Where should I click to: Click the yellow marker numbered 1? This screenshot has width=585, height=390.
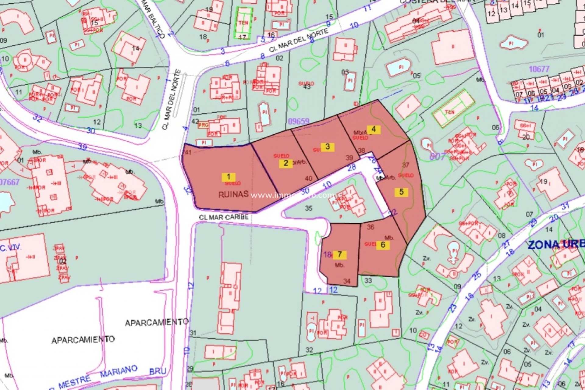[x=229, y=177]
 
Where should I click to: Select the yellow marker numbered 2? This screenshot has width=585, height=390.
[x=285, y=163]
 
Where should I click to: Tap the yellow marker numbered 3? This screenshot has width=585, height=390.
[x=328, y=147]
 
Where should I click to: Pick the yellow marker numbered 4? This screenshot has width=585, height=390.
[x=374, y=129]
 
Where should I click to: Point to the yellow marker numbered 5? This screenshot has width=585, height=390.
[x=401, y=192]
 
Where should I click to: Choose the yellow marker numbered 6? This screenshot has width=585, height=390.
[x=383, y=245]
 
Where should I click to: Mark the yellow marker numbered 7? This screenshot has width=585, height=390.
[x=339, y=254]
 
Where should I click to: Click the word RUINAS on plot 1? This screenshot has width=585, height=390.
[x=233, y=195]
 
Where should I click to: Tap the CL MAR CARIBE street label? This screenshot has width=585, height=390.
[x=224, y=217]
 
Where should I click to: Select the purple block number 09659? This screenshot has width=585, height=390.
[x=298, y=121]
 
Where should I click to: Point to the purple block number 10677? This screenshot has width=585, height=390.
[x=539, y=69]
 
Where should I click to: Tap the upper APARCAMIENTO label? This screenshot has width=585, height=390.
[x=157, y=322]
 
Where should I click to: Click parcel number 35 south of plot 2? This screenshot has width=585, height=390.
[x=308, y=208]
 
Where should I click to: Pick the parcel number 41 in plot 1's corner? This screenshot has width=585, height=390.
[x=188, y=152]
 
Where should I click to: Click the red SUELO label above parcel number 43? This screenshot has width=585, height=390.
[x=306, y=83]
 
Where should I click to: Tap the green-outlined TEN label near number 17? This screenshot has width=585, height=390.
[x=243, y=23]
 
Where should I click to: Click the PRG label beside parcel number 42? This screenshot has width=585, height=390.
[x=203, y=125]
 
